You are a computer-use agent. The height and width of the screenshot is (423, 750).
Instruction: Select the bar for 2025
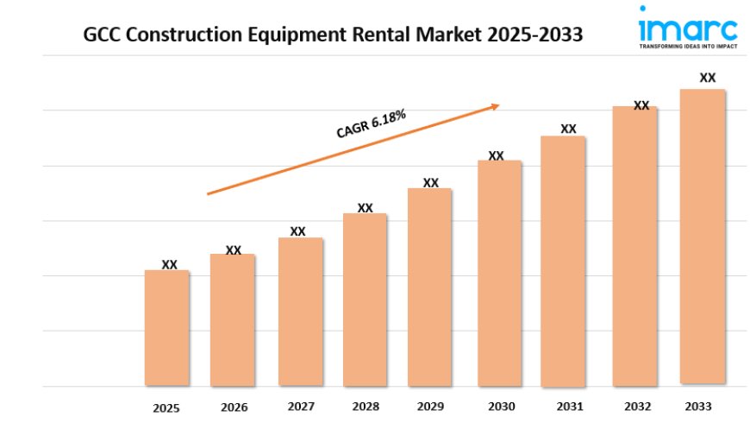tap(166, 327)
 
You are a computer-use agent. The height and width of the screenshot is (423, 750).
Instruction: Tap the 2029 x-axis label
tap(431, 406)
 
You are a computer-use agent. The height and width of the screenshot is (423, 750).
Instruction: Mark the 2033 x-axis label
tap(698, 406)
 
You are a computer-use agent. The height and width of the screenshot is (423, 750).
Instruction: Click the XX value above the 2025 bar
tap(170, 264)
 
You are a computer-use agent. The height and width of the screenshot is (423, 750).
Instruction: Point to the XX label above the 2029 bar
tap(431, 182)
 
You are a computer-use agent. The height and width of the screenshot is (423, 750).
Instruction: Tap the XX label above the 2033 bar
tap(708, 78)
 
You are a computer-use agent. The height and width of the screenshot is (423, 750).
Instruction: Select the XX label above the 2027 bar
tap(297, 231)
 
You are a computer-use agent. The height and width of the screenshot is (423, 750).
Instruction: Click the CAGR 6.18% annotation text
tap(371, 124)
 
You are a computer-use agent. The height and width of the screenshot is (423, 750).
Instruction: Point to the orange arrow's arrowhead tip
tap(499, 105)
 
